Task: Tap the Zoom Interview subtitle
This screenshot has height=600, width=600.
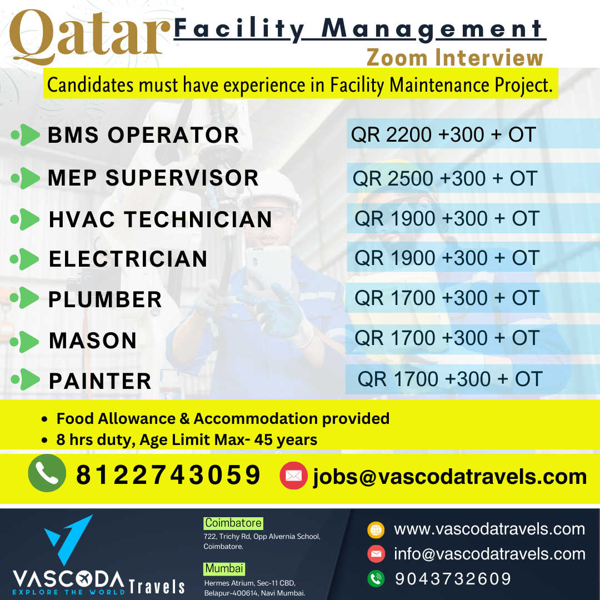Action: point(455,58)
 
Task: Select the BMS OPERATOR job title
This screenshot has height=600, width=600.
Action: point(143,135)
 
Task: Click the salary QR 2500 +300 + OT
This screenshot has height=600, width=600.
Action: point(444,178)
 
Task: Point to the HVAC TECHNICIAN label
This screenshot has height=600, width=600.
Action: point(160,219)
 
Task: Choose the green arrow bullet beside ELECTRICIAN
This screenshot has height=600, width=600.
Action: point(25,259)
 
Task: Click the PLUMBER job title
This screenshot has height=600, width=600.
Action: point(105,299)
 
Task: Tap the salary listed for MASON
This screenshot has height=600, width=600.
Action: point(447,338)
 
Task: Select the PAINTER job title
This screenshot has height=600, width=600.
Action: point(100,381)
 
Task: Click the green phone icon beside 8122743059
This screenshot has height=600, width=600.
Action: point(47,473)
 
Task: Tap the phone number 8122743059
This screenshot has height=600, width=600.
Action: point(168,475)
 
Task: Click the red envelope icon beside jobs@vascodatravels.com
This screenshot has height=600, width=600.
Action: point(293,476)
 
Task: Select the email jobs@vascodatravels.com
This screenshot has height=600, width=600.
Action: point(450,477)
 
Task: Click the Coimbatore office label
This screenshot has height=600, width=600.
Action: point(233,523)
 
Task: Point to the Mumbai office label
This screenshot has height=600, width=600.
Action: point(224,569)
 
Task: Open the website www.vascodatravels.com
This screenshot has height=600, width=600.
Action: point(489,529)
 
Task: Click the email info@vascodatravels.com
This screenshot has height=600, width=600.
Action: point(490,554)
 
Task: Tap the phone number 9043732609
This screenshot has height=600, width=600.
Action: point(453,578)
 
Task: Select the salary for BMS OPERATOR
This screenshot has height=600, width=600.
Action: point(443,134)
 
